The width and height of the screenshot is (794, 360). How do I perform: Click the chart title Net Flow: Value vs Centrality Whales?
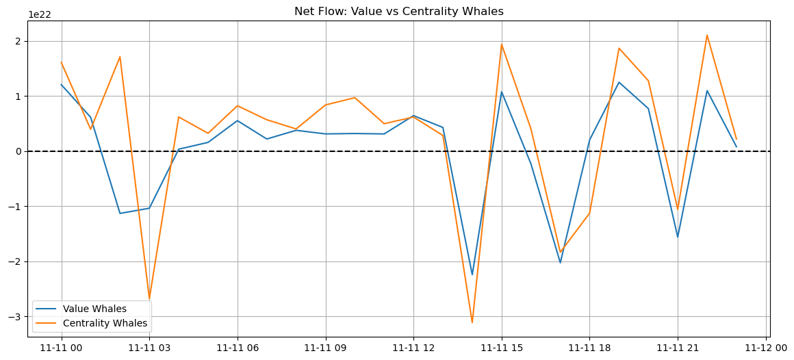398,11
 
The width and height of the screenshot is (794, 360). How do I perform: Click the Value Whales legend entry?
94,309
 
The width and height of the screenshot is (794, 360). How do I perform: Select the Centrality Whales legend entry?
105,323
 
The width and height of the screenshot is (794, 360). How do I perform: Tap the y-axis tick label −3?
16,317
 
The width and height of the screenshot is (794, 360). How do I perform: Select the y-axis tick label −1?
16,207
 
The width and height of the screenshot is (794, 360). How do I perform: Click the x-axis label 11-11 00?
62,348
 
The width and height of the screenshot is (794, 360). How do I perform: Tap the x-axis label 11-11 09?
326,348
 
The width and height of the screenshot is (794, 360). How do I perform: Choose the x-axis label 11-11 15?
502,348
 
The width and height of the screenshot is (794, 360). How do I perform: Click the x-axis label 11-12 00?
766,348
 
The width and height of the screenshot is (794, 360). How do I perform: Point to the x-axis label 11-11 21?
678,348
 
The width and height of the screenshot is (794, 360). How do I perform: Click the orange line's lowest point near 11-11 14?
472,322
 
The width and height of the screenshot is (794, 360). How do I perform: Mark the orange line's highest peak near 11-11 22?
707,35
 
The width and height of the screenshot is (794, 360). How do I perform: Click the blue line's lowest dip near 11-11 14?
472,274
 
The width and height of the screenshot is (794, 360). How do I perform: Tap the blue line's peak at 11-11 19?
619,82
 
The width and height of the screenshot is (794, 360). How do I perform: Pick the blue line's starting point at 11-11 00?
62,85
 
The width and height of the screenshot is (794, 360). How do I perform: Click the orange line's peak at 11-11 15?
502,44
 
